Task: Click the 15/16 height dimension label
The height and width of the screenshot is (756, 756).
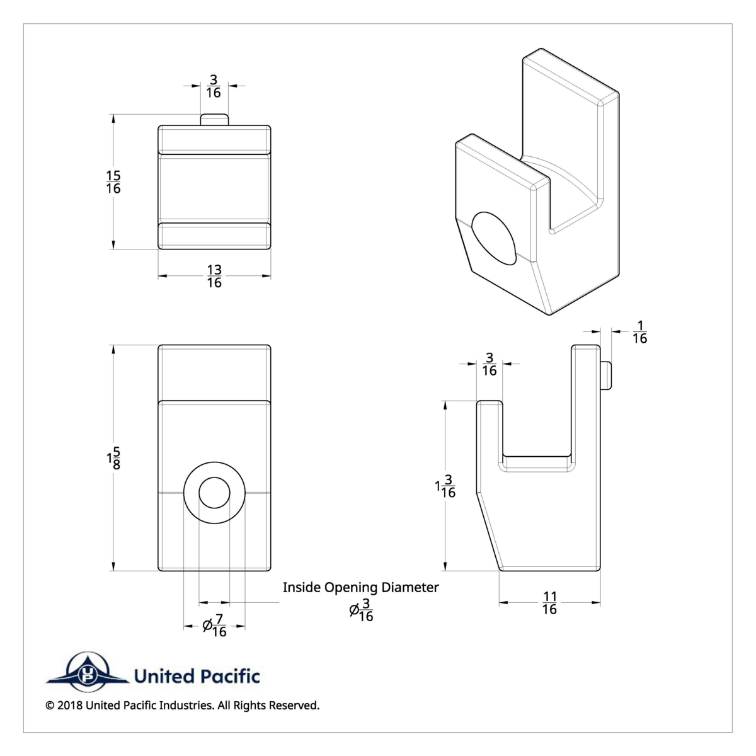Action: (113, 182)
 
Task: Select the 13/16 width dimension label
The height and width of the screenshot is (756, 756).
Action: (214, 277)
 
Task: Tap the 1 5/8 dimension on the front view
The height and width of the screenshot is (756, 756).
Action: (113, 458)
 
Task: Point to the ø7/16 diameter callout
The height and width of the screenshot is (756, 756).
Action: (214, 626)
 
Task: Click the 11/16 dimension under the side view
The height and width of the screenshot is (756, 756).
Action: (549, 603)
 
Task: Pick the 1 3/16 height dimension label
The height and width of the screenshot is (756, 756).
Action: (445, 486)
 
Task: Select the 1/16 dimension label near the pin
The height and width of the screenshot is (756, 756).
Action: (639, 332)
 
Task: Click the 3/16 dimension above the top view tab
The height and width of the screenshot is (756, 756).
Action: (214, 86)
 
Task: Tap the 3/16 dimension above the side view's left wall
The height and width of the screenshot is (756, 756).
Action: (489, 364)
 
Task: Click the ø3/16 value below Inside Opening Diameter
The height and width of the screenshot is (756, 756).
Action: (362, 611)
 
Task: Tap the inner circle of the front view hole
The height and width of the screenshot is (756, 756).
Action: (214, 492)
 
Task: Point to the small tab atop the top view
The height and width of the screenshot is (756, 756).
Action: (214, 120)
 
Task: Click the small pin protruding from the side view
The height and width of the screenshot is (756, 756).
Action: (606, 375)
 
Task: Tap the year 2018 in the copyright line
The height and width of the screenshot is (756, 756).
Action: (69, 706)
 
